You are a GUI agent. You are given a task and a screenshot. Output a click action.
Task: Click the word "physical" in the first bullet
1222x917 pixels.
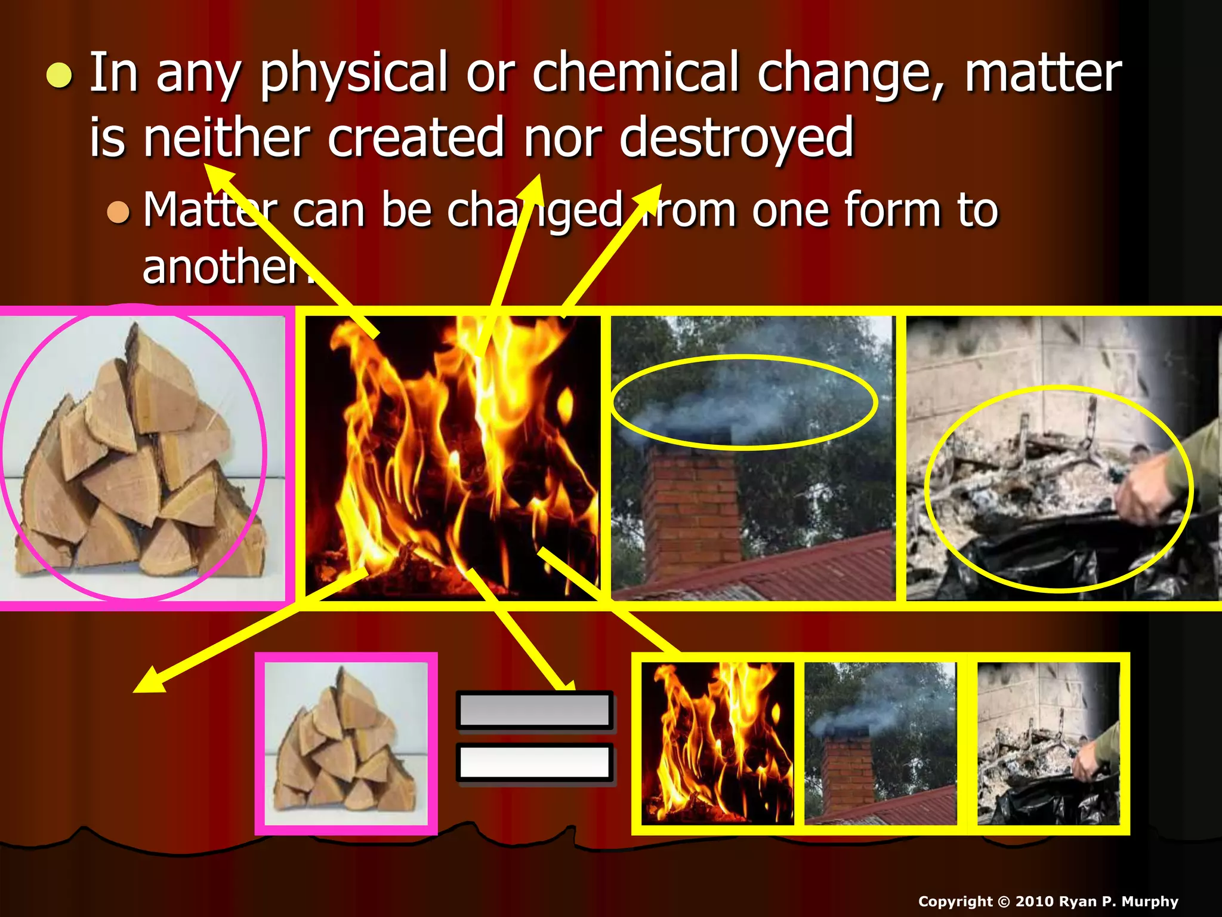(x=353, y=75)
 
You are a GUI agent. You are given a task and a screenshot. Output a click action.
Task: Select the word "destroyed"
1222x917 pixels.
(x=736, y=139)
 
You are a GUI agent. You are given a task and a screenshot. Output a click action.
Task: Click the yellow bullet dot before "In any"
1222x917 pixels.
(x=59, y=76)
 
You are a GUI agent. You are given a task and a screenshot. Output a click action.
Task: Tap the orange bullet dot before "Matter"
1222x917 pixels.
(x=118, y=211)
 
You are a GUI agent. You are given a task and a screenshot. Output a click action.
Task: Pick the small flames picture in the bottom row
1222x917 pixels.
(x=717, y=744)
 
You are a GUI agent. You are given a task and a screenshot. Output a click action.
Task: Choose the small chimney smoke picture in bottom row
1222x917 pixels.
(x=881, y=744)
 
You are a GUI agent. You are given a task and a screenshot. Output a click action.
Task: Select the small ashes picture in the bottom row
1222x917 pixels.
(x=1048, y=744)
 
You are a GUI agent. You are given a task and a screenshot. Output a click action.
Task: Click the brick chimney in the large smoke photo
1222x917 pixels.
(x=692, y=507)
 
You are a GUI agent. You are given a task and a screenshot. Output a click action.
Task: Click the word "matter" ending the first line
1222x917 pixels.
(x=1043, y=75)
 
